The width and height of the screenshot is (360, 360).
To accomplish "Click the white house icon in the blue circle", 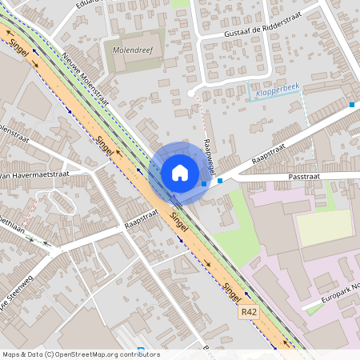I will click(180, 173).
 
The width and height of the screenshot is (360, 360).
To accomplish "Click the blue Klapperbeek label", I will click(276, 92).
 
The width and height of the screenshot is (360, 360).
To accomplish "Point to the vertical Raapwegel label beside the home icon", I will click(210, 157).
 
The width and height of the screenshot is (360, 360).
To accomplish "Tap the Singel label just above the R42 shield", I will click(232, 293).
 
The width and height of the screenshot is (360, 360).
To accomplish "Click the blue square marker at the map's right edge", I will click(352, 105).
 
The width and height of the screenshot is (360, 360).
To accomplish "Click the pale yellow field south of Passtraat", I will click(325, 227).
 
